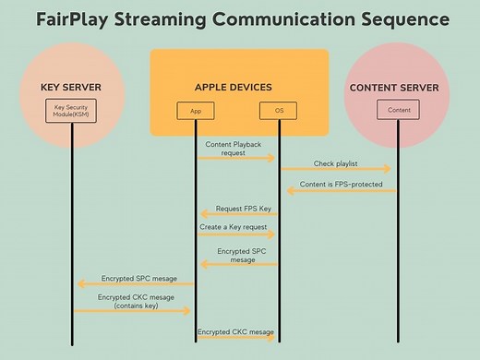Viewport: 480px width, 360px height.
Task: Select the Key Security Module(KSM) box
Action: [x=71, y=111]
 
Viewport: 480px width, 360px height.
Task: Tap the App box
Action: [x=196, y=111]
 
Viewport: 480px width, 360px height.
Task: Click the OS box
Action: [x=279, y=111]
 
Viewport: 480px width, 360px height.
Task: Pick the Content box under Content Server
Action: [x=399, y=111]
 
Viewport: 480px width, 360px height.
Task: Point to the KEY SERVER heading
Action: [x=71, y=88]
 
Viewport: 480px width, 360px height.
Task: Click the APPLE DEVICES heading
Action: [x=234, y=88]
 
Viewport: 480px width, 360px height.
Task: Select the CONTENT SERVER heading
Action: [x=399, y=88]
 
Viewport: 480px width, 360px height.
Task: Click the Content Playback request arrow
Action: [x=236, y=158]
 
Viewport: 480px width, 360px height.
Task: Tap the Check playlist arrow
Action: [x=338, y=169]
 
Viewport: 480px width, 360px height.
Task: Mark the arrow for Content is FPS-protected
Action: [x=338, y=191]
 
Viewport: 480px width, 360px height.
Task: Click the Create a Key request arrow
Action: [x=236, y=234]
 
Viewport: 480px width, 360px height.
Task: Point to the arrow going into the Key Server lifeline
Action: [x=134, y=283]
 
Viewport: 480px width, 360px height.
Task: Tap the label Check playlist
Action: [x=335, y=162]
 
